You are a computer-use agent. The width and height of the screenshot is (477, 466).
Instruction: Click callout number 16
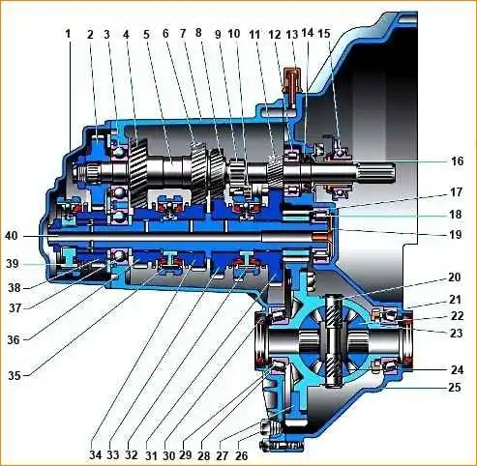[x=457, y=160]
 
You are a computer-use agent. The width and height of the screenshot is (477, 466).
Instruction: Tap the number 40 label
[x=12, y=236]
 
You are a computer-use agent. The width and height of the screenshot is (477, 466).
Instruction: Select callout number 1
[x=68, y=34]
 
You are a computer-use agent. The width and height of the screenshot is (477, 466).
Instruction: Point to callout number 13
[x=292, y=34]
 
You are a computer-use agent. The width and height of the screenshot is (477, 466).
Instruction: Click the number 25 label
[x=455, y=387]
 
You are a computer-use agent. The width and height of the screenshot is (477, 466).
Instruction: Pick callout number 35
[x=15, y=376]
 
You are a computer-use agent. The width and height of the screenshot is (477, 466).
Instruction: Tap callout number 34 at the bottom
[x=96, y=455]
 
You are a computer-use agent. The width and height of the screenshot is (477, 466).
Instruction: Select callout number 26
[x=242, y=455]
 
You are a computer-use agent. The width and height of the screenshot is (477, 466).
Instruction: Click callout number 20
[x=455, y=277]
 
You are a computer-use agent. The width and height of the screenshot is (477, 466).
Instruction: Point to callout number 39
[x=13, y=264]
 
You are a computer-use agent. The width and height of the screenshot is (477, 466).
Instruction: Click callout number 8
[x=198, y=32]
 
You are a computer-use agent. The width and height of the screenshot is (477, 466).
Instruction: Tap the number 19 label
[x=456, y=235]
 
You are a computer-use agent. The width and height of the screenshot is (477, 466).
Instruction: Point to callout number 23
[x=457, y=333]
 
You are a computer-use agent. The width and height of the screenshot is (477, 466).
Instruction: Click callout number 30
[x=168, y=455]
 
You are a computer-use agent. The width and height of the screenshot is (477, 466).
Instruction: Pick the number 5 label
[x=147, y=34]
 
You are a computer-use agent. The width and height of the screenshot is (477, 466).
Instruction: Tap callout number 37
[x=15, y=307]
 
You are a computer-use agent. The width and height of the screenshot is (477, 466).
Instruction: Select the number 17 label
[x=457, y=192]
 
